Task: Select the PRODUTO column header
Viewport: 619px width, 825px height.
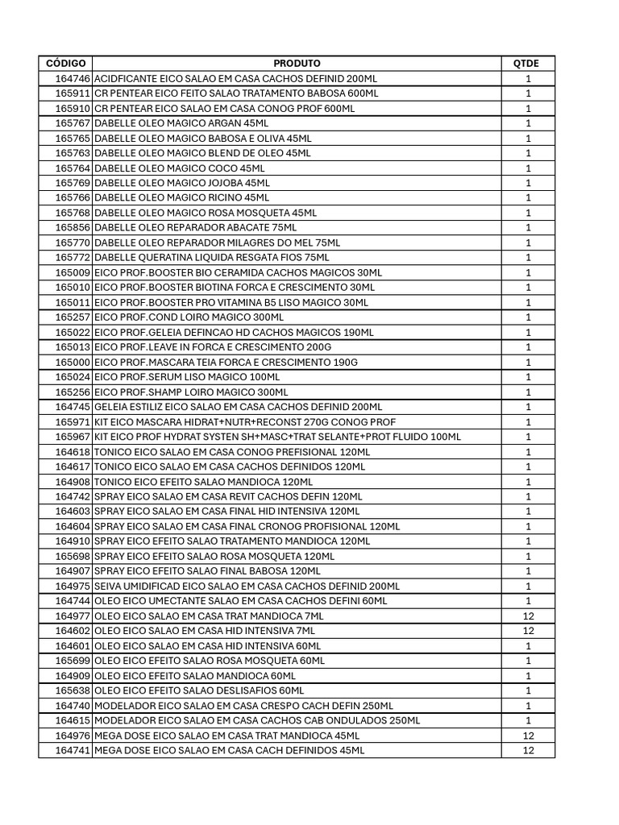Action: (x=297, y=63)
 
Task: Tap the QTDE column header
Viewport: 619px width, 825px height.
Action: (x=528, y=63)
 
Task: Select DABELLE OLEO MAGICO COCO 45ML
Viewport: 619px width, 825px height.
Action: (x=180, y=168)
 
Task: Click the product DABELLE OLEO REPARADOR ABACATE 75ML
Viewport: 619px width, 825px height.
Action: (x=196, y=228)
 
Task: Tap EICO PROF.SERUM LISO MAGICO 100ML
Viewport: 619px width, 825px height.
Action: (x=188, y=377)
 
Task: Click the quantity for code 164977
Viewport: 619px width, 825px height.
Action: (x=528, y=616)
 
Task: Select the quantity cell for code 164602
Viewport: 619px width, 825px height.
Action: (x=528, y=631)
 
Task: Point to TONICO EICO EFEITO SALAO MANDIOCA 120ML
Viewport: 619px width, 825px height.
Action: (x=203, y=482)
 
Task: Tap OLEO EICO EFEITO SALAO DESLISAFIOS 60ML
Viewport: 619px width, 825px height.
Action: (x=199, y=690)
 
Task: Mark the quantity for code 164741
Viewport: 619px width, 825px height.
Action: (x=528, y=751)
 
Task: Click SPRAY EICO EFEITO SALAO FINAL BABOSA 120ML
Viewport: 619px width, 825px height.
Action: (x=210, y=571)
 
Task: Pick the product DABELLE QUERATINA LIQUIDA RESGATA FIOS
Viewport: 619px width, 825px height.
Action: (x=212, y=258)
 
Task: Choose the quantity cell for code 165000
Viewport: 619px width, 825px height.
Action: (x=528, y=363)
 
